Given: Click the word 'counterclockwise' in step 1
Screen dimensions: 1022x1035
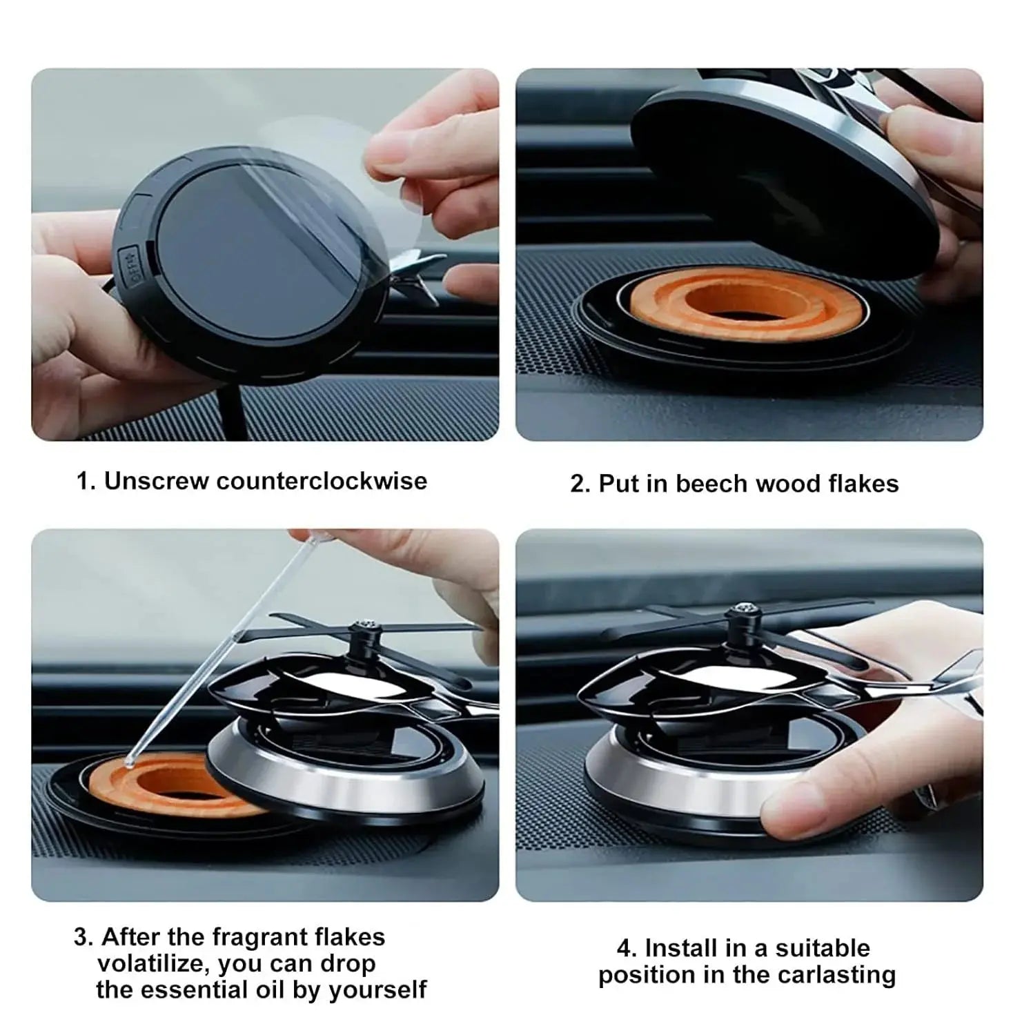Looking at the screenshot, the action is coord(322,481).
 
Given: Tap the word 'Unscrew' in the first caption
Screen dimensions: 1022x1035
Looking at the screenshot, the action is coord(157,481).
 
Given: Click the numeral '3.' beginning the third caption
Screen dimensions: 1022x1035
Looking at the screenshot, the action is coord(83,937).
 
